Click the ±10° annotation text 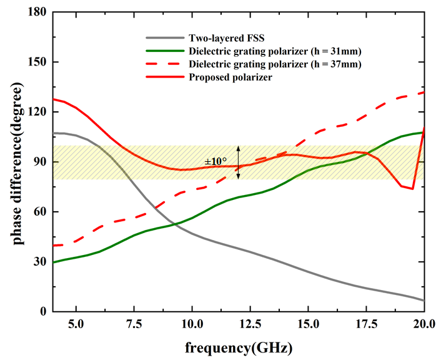pyautogui.click(x=216, y=162)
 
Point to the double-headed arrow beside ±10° pyautogui.click(x=238, y=162)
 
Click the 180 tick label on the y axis pyautogui.click(x=37, y=12)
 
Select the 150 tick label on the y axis pyautogui.click(x=37, y=62)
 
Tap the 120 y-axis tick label pyautogui.click(x=37, y=112)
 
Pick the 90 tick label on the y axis pyautogui.click(x=39, y=162)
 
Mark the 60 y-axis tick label pyautogui.click(x=39, y=212)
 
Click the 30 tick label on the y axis pyautogui.click(x=39, y=262)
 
